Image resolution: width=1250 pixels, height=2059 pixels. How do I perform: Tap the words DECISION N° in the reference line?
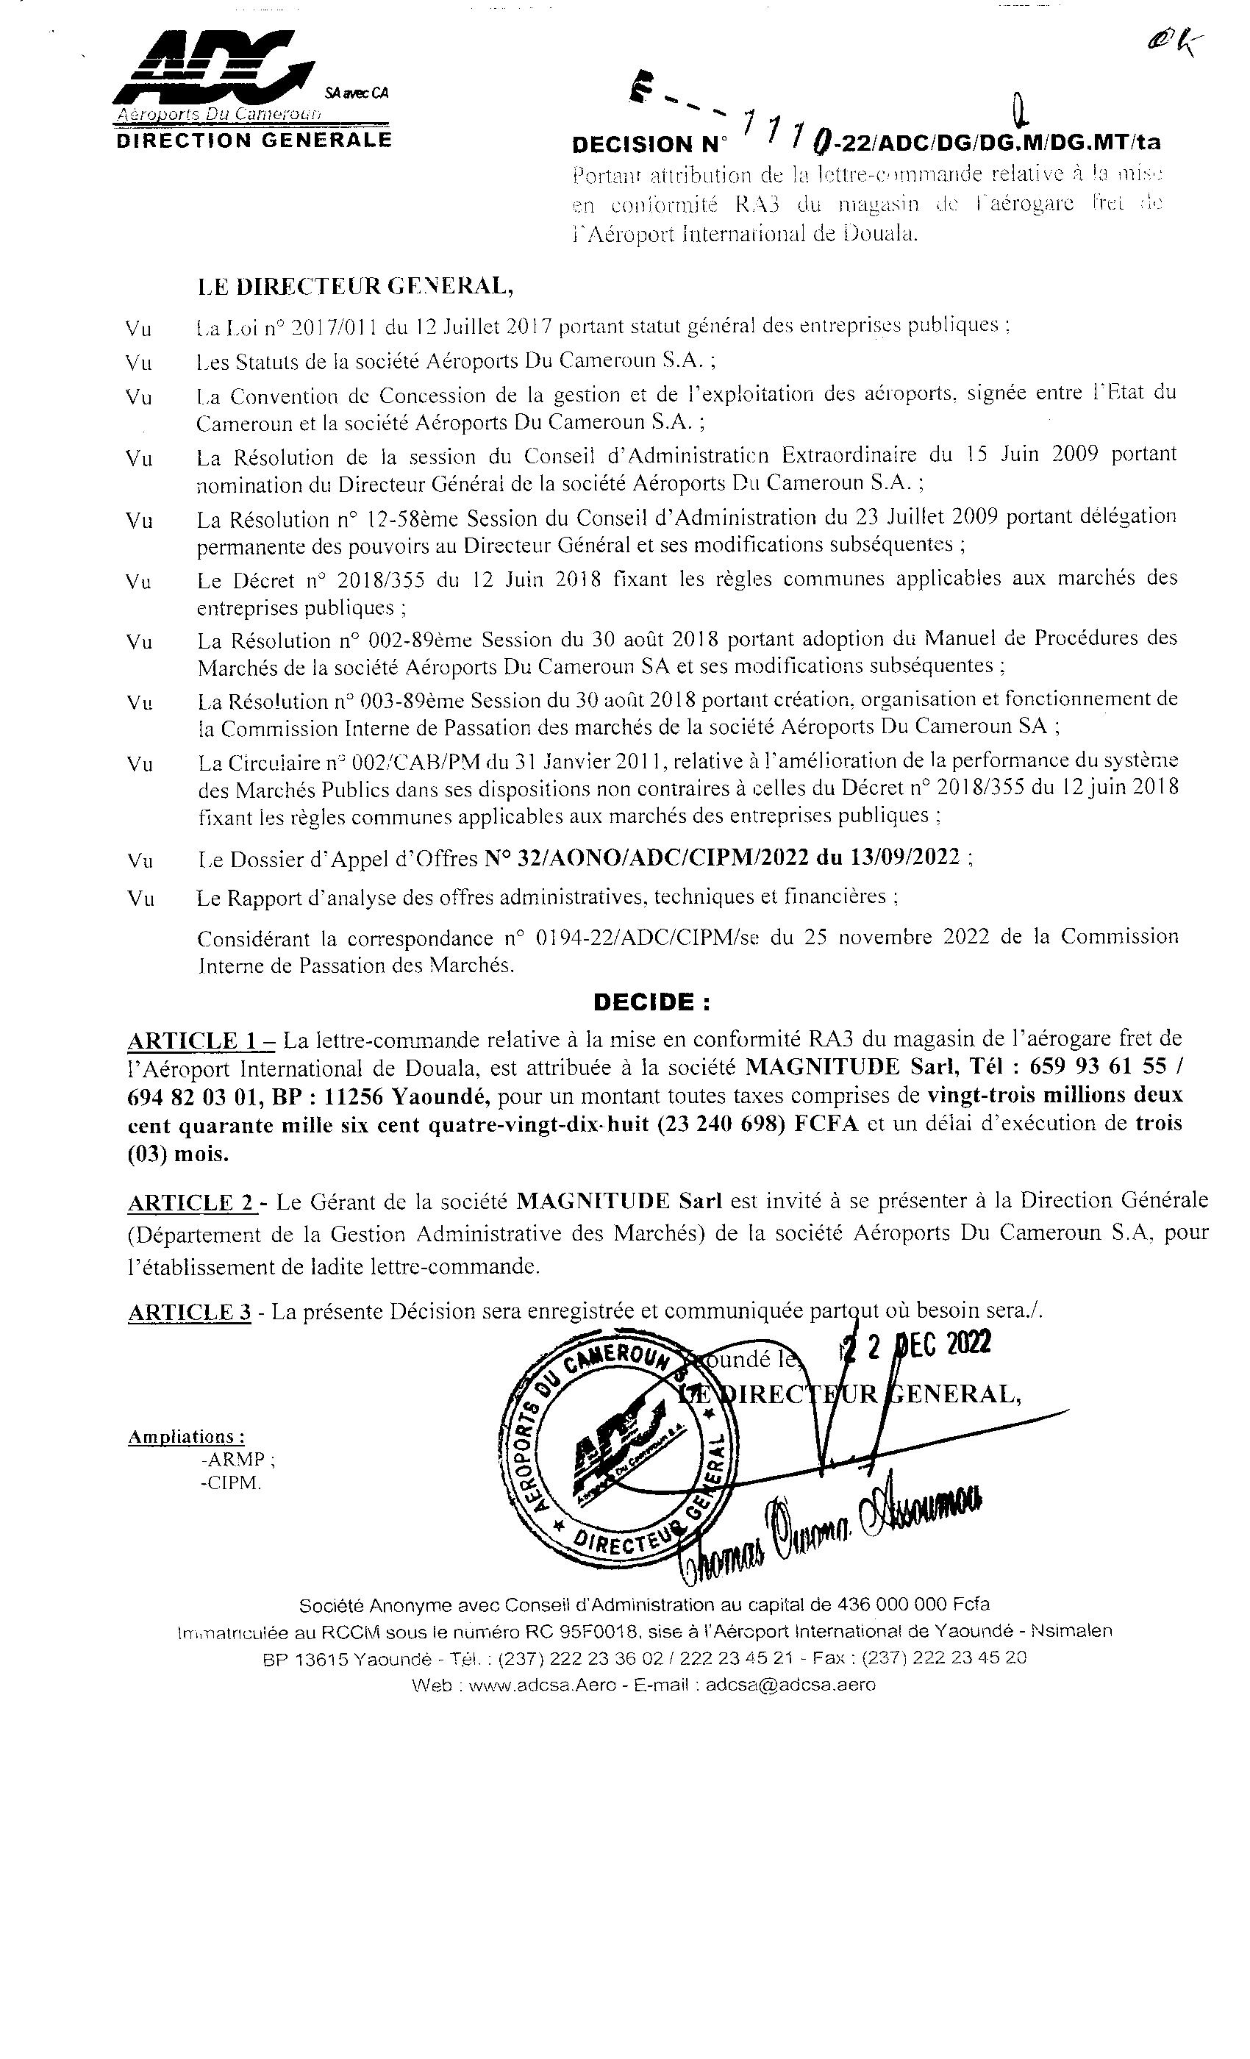[x=649, y=145]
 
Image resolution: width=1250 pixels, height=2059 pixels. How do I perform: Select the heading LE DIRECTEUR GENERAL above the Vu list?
[x=356, y=287]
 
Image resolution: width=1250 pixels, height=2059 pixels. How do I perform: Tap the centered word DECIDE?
[x=651, y=1002]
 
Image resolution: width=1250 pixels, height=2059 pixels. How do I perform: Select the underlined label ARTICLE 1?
[x=200, y=1041]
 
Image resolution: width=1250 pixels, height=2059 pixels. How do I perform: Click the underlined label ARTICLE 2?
[x=191, y=1203]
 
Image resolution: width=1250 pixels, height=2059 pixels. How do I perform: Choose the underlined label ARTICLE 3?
[x=189, y=1313]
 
